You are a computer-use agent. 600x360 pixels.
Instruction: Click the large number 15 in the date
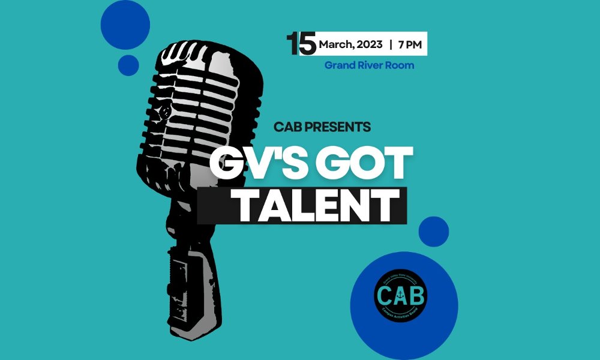pyautogui.click(x=301, y=44)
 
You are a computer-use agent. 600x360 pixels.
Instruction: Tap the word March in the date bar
pyautogui.click(x=334, y=44)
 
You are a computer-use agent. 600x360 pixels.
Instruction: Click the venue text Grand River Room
pyautogui.click(x=369, y=65)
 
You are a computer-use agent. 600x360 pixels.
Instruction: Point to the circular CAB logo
pyautogui.click(x=401, y=292)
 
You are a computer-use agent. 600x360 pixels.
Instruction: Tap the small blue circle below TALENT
pyautogui.click(x=433, y=232)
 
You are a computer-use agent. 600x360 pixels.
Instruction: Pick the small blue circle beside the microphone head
pyautogui.click(x=128, y=64)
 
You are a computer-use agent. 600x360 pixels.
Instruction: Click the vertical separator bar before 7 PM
pyautogui.click(x=391, y=44)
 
